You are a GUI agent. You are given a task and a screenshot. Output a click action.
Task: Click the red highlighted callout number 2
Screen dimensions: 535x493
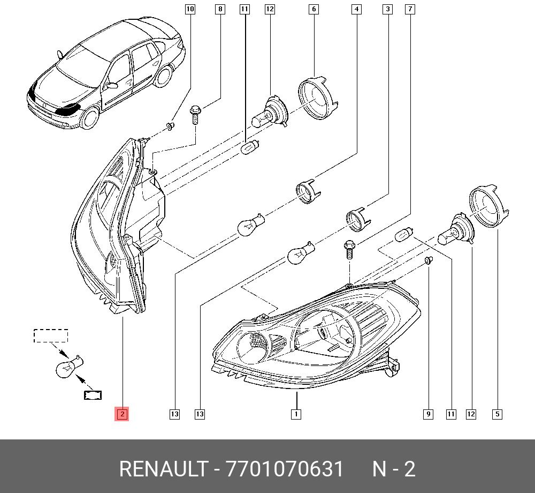pyautogui.click(x=122, y=414)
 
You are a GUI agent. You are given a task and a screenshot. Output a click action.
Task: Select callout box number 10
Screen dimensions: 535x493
pyautogui.click(x=190, y=9)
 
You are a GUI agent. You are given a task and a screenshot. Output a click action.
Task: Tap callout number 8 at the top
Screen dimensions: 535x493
pyautogui.click(x=220, y=9)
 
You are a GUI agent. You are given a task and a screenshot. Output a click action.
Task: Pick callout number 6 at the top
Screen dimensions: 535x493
pyautogui.click(x=314, y=9)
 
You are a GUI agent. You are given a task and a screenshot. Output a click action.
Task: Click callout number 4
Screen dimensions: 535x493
pyautogui.click(x=356, y=9)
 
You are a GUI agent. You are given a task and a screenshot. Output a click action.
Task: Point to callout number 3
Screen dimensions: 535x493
pyautogui.click(x=387, y=9)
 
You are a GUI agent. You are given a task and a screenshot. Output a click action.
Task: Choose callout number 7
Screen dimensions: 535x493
pyautogui.click(x=410, y=9)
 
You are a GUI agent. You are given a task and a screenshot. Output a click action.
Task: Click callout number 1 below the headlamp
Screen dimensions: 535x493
pyautogui.click(x=296, y=414)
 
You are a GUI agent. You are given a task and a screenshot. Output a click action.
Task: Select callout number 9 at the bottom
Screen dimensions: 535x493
pyautogui.click(x=428, y=414)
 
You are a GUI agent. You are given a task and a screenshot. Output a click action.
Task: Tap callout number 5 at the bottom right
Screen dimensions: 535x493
pyautogui.click(x=498, y=414)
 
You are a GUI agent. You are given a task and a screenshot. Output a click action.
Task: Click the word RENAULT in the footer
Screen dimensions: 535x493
pyautogui.click(x=164, y=468)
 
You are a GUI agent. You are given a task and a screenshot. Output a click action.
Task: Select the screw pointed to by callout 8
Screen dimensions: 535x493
pyautogui.click(x=195, y=115)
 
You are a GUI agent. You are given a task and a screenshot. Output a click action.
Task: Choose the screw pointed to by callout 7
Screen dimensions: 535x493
pyautogui.click(x=349, y=249)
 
